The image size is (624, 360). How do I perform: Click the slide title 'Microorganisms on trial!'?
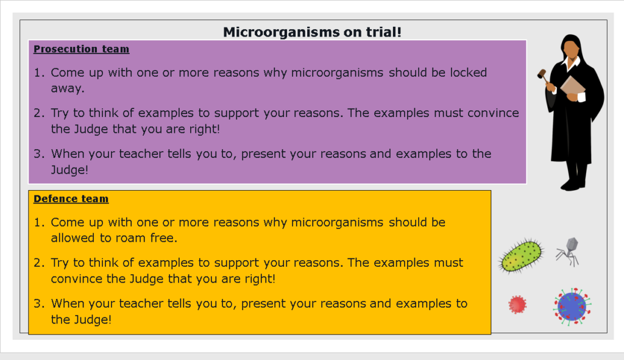tap(312, 32)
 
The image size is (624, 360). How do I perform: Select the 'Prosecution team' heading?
tap(81, 49)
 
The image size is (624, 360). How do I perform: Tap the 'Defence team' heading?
tap(71, 199)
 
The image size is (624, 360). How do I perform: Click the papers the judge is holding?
tap(572, 86)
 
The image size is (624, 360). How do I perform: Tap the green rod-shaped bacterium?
tap(521, 255)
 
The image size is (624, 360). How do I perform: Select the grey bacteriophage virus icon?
tap(568, 250)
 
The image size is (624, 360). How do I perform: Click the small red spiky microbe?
tap(517, 303)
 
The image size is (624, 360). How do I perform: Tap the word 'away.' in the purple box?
tap(67, 88)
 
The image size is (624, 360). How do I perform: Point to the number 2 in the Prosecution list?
tap(38, 113)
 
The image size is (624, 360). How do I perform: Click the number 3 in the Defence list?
tap(38, 303)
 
